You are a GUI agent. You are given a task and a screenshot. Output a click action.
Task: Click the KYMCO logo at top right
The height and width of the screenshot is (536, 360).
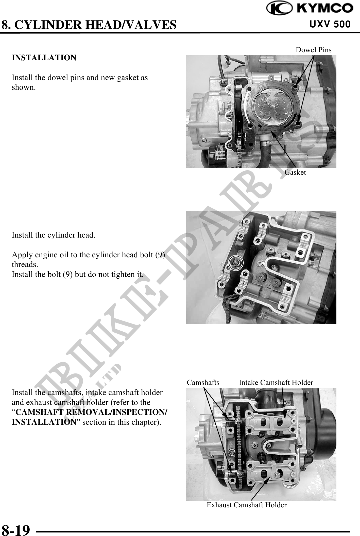[x=310, y=8]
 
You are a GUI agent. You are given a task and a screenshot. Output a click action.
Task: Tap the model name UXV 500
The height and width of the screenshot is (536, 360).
[x=330, y=24]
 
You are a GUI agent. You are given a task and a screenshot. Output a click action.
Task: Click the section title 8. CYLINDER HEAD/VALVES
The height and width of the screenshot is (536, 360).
[x=89, y=25]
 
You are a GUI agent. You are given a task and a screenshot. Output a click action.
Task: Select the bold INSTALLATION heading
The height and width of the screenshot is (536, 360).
[x=44, y=58]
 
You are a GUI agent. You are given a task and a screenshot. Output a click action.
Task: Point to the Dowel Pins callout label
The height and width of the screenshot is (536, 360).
[x=314, y=50]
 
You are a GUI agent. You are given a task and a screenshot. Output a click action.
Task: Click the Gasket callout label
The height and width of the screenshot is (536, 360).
[x=295, y=172]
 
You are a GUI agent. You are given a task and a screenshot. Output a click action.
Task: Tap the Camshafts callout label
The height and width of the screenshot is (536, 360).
[x=203, y=382]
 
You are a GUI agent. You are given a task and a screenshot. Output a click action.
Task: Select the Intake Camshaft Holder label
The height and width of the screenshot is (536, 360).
[x=276, y=382]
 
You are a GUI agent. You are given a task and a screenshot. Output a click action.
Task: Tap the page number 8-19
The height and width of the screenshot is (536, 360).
[x=16, y=529]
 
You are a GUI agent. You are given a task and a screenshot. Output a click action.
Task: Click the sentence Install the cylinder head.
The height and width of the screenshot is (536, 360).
[x=54, y=235]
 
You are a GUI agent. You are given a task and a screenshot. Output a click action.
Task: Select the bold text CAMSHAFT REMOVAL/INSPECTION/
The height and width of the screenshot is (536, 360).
[x=91, y=412]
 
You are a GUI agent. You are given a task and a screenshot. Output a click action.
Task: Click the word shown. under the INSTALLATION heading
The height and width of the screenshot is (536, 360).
[x=24, y=87]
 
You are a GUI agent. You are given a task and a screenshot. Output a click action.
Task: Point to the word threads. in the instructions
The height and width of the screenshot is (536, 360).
[x=25, y=265]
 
